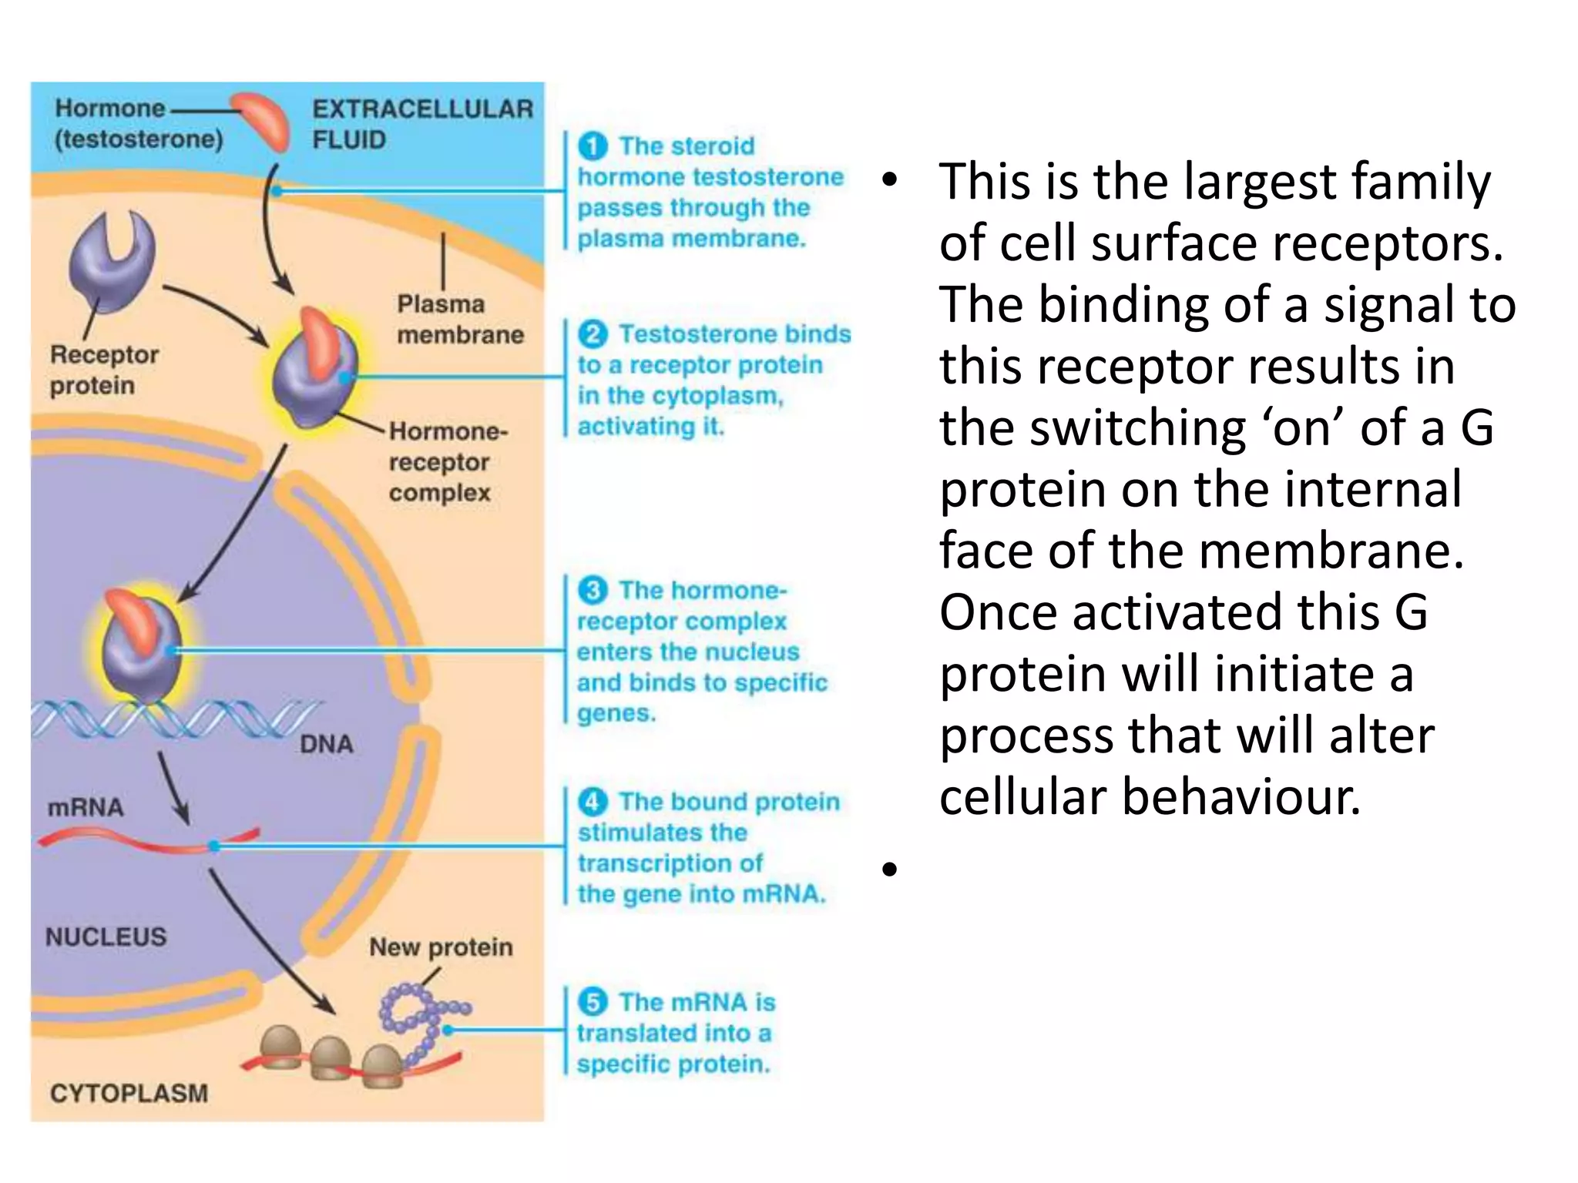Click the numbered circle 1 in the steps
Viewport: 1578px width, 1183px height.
click(593, 146)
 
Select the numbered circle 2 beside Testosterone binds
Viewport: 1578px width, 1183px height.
click(593, 334)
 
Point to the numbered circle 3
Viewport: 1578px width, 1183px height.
click(593, 591)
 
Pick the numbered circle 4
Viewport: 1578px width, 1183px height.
click(593, 802)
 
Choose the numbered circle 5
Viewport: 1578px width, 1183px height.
click(593, 1002)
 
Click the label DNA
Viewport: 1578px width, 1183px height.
click(326, 744)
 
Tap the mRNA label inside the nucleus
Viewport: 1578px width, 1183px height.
click(85, 807)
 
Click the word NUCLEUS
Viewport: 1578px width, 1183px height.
click(106, 937)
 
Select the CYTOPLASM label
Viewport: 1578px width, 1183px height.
click(129, 1093)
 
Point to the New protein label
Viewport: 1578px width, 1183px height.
click(441, 947)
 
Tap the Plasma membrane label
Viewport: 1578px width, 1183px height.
click(459, 319)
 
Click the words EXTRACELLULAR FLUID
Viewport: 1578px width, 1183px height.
click(421, 124)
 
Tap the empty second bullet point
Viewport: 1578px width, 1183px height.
click(891, 870)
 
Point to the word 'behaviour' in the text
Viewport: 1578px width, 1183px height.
click(1241, 797)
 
